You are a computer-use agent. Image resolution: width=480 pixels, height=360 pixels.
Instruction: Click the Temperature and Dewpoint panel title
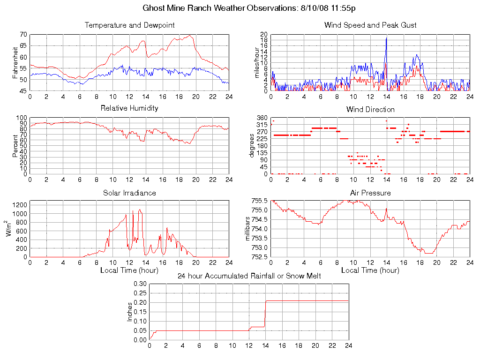[x=129, y=25]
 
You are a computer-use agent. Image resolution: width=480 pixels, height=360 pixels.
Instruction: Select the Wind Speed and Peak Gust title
[x=370, y=25]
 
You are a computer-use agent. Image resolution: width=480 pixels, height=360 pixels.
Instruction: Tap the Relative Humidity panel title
[x=129, y=108]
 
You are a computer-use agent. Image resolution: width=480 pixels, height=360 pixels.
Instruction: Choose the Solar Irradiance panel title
[x=129, y=193]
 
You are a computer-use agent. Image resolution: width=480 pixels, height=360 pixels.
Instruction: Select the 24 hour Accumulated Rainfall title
[x=249, y=276]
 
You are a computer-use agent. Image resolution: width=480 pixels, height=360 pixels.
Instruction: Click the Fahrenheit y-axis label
[x=15, y=63]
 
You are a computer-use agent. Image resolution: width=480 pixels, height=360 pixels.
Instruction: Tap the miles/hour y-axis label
[x=256, y=63]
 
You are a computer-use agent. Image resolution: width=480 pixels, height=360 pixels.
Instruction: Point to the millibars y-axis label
[x=248, y=229]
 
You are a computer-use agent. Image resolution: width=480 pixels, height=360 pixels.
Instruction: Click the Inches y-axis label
[x=130, y=312]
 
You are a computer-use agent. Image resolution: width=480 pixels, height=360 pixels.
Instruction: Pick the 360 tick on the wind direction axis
[x=262, y=118]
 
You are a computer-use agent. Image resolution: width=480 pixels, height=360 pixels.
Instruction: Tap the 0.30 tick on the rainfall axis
[x=140, y=284]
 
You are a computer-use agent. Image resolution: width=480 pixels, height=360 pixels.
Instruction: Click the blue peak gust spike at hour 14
[x=386, y=38]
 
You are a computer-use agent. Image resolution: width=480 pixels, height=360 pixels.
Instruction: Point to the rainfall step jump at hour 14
[x=266, y=314]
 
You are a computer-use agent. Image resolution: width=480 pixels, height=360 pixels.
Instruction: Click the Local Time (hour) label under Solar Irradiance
[x=129, y=270]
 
